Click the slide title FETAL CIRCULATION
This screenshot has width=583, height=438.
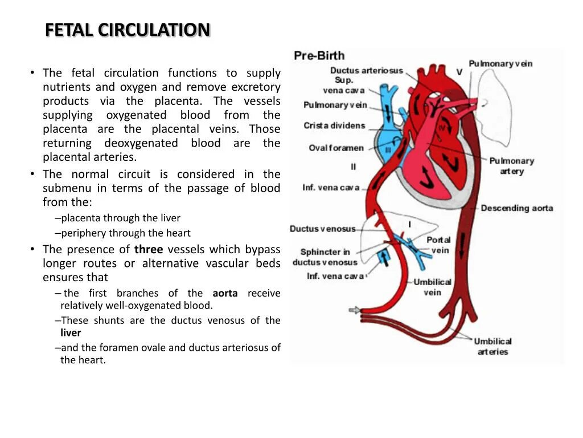pos(128,30)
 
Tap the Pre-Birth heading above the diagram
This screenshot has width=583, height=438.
pos(319,56)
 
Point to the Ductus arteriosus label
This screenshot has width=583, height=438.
pos(366,71)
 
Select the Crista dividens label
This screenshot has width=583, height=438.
pos(334,125)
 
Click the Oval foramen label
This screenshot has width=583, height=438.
pos(336,148)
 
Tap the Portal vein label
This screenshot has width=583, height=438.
pos(438,245)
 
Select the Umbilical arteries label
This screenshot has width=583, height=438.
pos(492,346)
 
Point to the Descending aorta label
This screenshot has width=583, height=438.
pos(516,208)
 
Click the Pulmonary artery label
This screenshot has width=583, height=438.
pos(511,166)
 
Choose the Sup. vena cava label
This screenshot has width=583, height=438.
pos(344,85)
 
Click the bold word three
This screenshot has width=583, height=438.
pos(149,249)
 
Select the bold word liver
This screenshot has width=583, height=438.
pos(71,332)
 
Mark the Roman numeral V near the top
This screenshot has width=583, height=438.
pos(459,72)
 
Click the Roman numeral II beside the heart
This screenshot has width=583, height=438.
pos(353,167)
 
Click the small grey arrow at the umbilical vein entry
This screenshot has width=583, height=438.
pos(354,310)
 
